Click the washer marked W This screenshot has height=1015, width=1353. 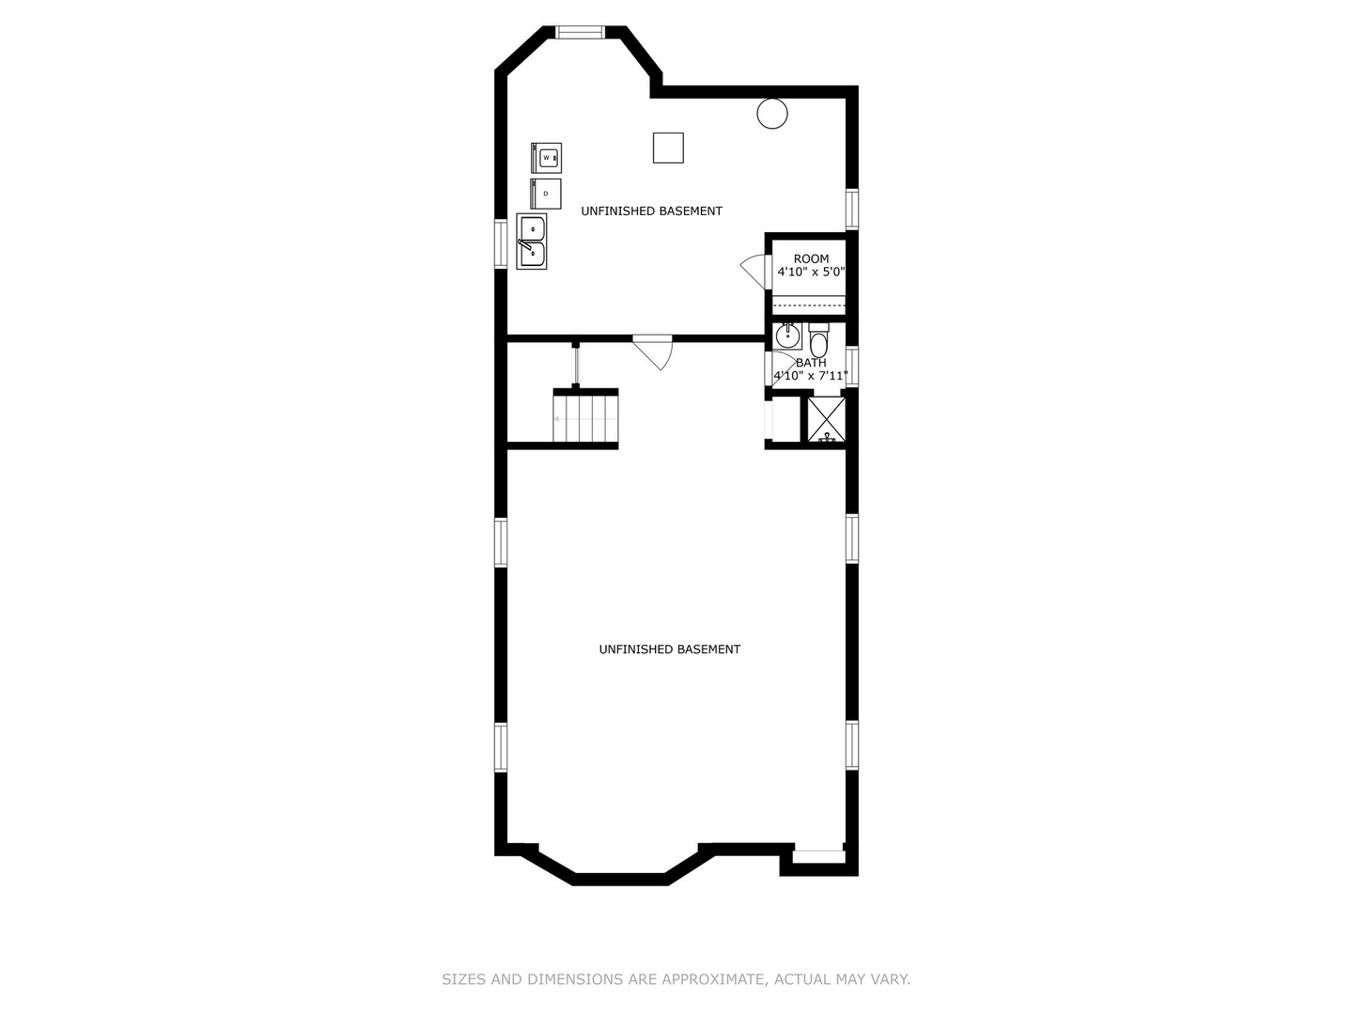546,158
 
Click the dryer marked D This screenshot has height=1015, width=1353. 546,194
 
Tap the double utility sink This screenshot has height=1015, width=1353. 532,242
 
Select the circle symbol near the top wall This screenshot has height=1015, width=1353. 772,114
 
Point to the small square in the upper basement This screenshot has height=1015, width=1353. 668,148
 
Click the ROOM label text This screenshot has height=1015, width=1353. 811,258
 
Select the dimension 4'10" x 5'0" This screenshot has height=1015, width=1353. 811,273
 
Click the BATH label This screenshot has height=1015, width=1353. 811,363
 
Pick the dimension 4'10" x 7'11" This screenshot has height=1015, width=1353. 810,376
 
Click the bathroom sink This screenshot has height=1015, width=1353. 787,336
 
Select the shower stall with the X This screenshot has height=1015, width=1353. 827,419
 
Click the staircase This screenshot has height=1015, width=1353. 585,418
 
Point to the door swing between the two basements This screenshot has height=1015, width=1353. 655,351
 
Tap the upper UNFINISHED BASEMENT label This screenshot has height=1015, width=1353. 651,211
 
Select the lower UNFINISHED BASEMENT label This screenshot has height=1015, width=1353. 669,649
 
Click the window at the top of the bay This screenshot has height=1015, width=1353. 580,32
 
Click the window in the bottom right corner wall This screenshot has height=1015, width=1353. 817,856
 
